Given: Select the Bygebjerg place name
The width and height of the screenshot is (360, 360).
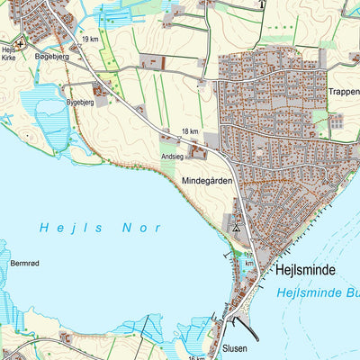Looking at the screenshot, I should point(80,103).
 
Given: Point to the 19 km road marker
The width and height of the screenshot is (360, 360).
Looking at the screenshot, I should point(89,40).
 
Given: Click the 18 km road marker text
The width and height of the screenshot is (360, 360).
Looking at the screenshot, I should point(189,131).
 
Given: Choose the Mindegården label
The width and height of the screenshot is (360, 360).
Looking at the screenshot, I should point(208,181).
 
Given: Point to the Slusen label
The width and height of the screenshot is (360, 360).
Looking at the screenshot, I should point(233,347).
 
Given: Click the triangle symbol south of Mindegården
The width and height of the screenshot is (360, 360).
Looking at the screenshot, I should point(236,229).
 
